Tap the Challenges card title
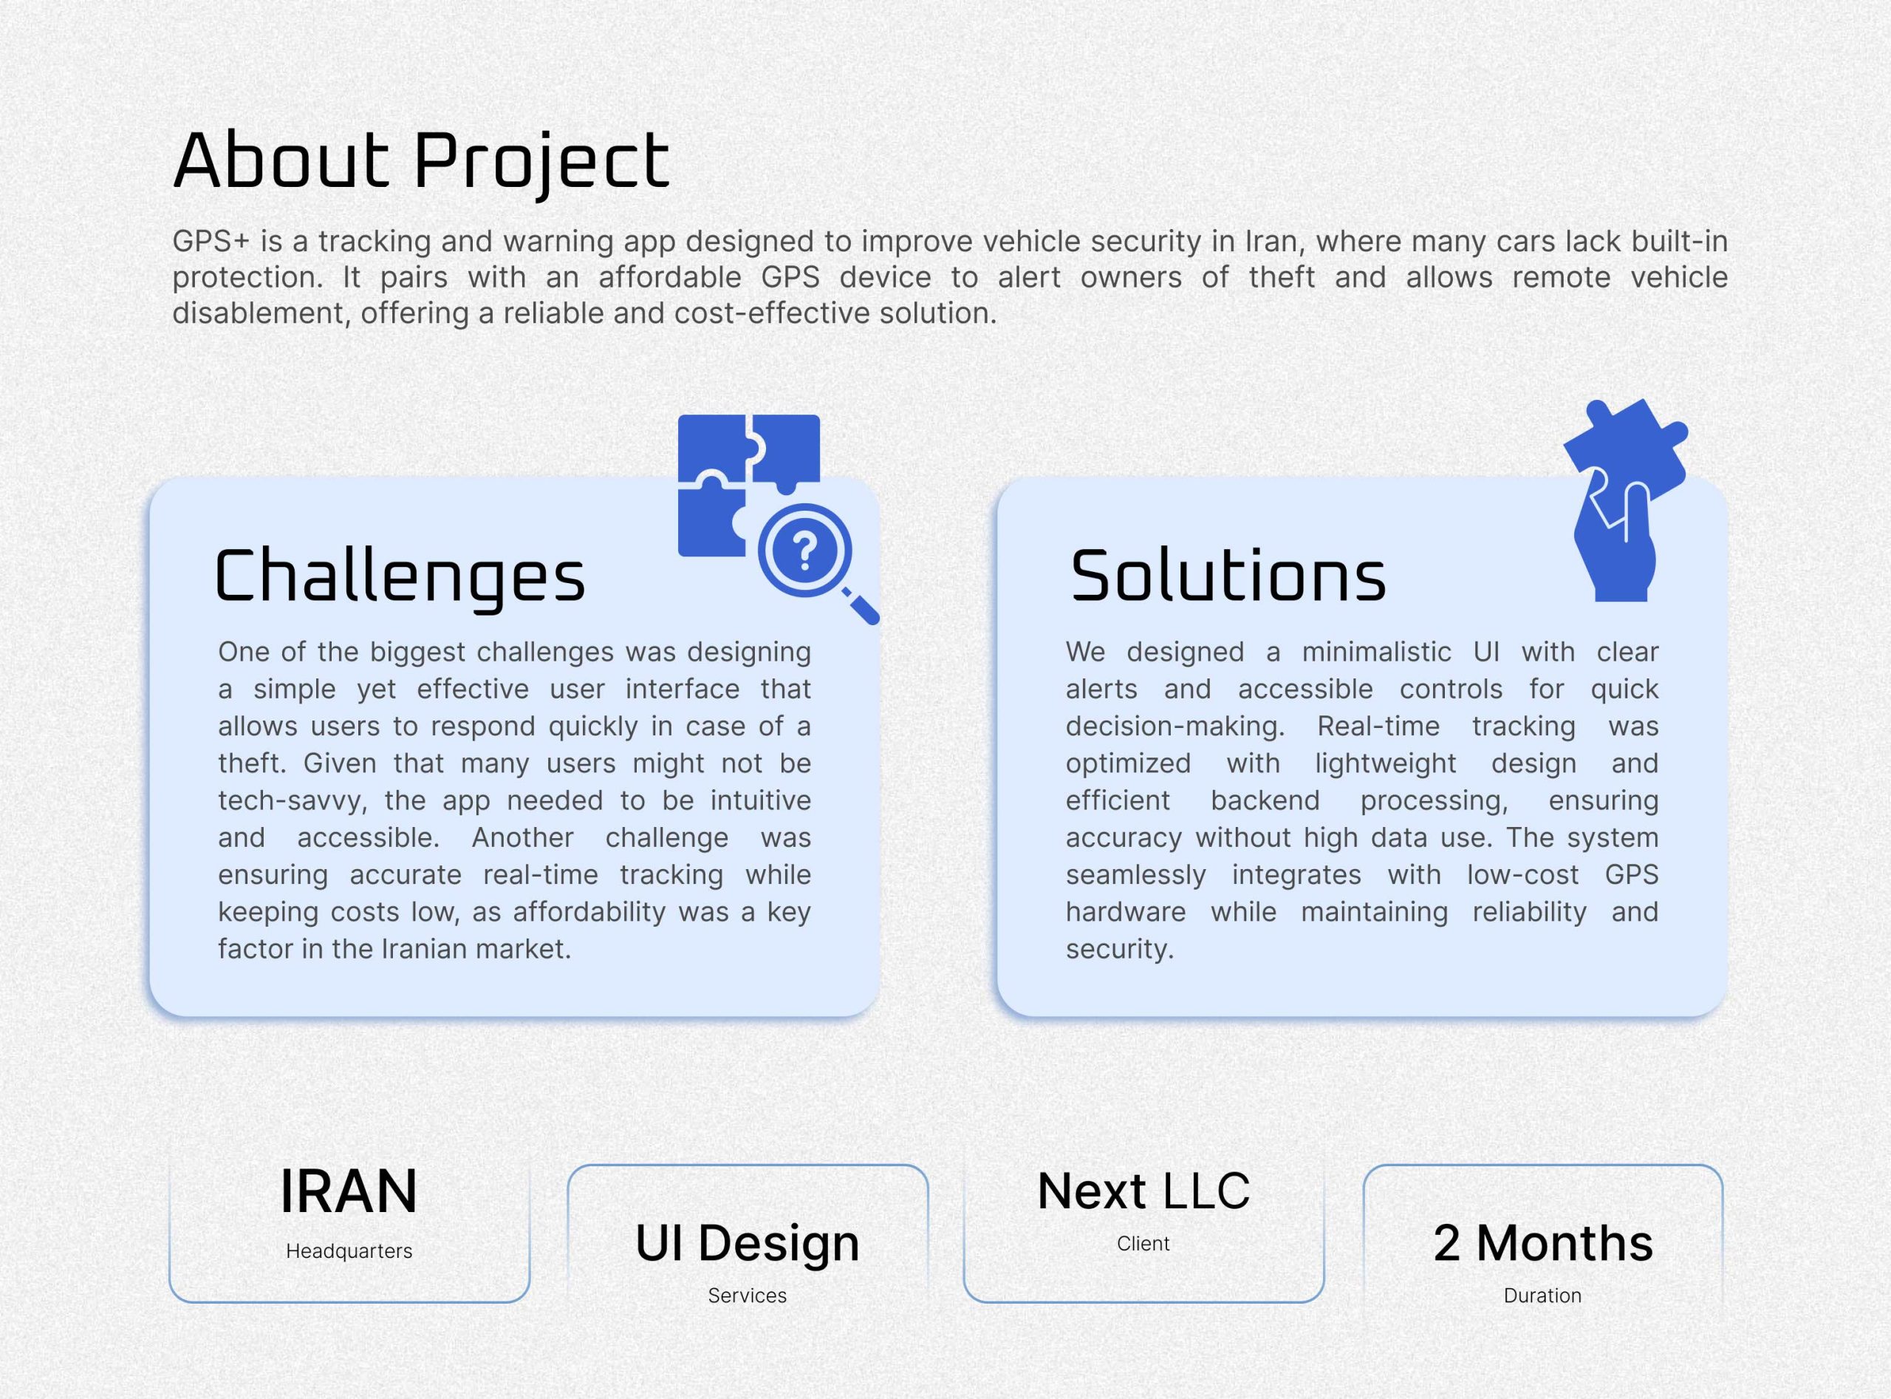(400, 577)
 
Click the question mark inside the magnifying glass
(805, 551)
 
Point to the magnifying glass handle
(862, 606)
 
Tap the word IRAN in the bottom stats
(348, 1191)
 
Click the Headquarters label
(349, 1250)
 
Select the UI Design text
(748, 1243)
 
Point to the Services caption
(748, 1295)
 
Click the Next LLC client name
(1143, 1191)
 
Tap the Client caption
(1143, 1243)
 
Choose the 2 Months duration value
(1543, 1243)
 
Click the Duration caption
(1542, 1295)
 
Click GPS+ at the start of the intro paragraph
(211, 242)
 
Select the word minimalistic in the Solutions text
(1376, 652)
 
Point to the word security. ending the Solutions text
(1119, 950)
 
